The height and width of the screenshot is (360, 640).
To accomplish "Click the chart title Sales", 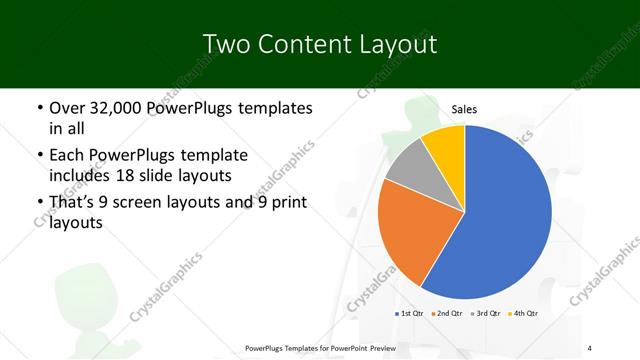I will click(464, 109).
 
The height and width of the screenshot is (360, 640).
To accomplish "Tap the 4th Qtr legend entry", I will click(524, 314).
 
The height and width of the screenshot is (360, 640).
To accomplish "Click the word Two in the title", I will click(225, 44).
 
